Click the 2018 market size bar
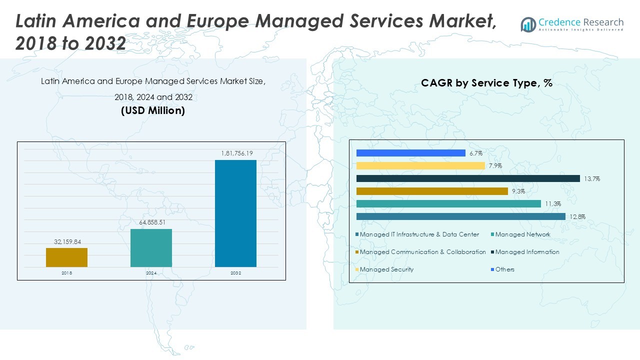[66, 257]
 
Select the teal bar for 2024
[151, 248]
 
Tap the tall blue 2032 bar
[235, 213]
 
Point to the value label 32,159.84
[66, 242]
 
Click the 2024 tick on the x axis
[151, 273]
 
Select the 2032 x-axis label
[235, 273]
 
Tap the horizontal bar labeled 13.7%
[468, 178]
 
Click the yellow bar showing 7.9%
[420, 165]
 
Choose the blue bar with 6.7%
[410, 153]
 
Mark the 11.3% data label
[553, 204]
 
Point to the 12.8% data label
[577, 217]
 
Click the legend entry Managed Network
[522, 234]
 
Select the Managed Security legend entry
[386, 269]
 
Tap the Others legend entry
[504, 269]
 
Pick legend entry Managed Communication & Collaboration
[422, 252]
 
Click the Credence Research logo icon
[528, 24]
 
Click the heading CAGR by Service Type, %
[486, 83]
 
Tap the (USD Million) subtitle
[153, 111]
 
